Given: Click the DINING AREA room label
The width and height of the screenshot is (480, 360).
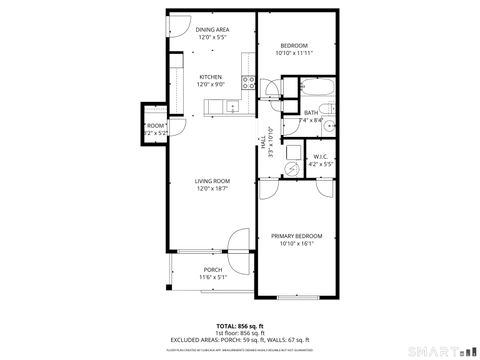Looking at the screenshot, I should point(212,30).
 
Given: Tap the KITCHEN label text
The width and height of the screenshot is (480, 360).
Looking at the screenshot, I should point(210,77).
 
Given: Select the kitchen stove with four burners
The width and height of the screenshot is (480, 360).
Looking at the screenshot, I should point(247,86).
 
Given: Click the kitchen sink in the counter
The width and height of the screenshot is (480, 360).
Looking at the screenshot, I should point(231,105).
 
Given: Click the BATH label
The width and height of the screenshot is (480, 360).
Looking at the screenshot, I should point(311,113).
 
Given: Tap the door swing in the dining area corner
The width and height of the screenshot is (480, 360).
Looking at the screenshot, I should point(177,26).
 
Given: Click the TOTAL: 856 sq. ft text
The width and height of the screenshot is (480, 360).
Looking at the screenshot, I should point(240,326).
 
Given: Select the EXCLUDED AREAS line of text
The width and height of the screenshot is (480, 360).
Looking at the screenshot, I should point(240,339).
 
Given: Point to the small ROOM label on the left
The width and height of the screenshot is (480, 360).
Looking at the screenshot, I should point(156,125).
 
